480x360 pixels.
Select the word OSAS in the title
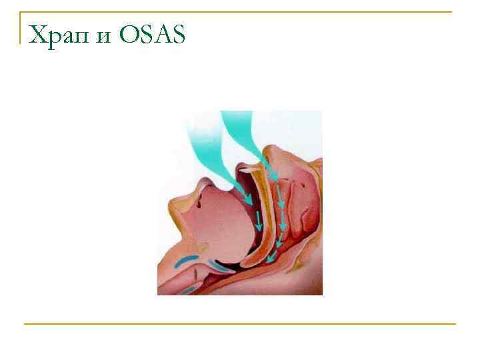point(151,34)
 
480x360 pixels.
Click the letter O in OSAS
point(127,34)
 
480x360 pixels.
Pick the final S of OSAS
point(177,34)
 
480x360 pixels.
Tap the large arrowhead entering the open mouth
point(246,196)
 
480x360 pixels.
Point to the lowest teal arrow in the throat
point(269,257)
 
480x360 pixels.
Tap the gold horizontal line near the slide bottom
point(240,324)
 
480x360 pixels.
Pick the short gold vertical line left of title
point(20,28)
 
